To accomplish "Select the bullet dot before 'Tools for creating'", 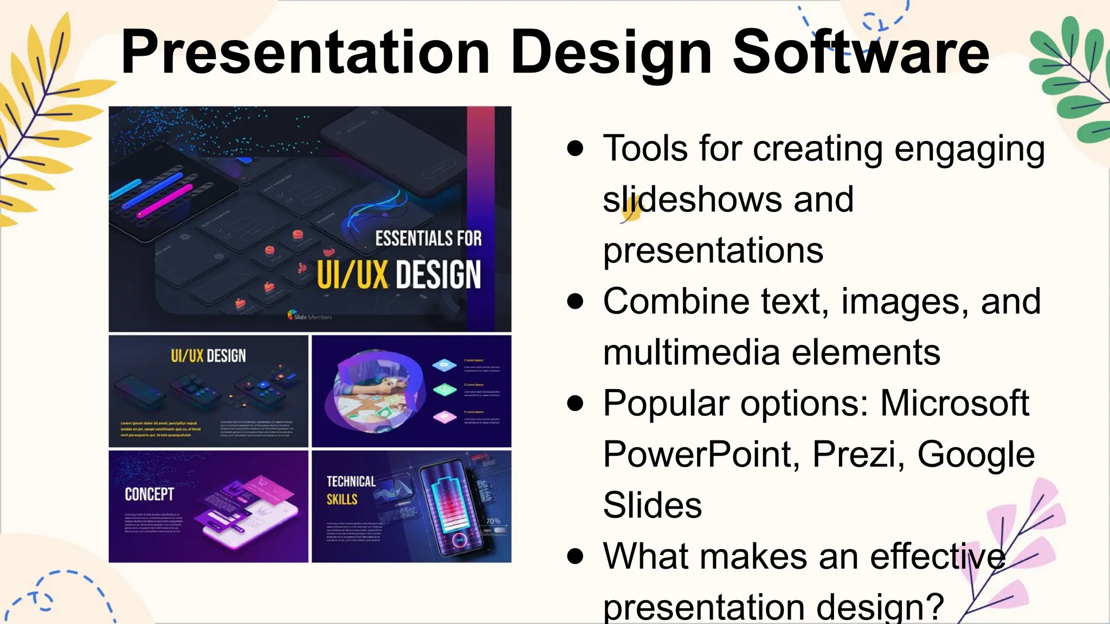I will point(575,148).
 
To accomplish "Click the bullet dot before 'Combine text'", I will point(575,301).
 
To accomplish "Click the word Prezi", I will point(859,454).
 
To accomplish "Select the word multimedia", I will point(692,352).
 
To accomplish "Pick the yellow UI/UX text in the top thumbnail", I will point(352,275).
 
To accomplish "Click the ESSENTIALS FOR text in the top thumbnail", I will point(428,238).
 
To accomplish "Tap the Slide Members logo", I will point(309,316).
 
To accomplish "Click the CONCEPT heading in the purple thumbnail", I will point(149,494).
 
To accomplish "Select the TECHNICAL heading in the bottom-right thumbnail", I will point(351,482).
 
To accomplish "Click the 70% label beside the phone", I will point(493,521).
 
